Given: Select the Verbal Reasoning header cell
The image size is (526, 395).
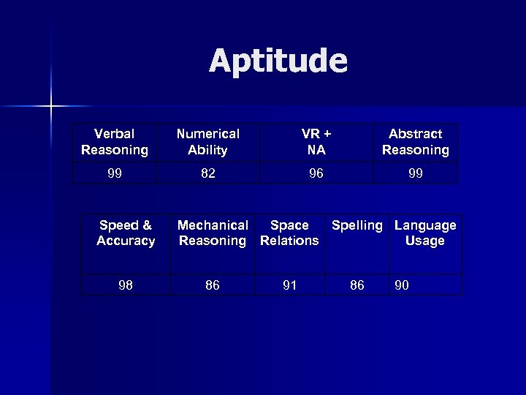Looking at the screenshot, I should pos(115,142).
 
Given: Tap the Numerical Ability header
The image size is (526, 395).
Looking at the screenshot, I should pos(208,142).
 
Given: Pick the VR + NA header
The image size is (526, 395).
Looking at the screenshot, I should pos(316,142).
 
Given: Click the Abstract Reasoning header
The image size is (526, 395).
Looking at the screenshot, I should pos(415,142).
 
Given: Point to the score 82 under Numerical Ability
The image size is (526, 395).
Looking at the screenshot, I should pos(208,175).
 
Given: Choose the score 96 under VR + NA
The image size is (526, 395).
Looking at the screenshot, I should pos(316,175).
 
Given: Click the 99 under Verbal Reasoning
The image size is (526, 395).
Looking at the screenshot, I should pos(114,175).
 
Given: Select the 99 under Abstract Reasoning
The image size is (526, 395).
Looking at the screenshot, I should pos(415,175).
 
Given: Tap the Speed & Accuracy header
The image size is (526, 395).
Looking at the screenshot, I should pos(126,233).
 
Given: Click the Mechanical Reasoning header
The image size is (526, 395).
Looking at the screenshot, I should pos(213,233).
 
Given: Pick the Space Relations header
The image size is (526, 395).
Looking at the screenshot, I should pos(289,233).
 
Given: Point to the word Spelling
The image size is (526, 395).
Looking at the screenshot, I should pos(357,225).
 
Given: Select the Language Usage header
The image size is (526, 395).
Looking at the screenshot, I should pos(425,233).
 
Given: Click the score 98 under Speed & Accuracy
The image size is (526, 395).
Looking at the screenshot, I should pos(126,285).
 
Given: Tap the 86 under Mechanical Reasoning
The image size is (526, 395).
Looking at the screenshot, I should pos(213,285).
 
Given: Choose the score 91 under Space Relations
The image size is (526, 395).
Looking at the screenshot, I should pos(289,285).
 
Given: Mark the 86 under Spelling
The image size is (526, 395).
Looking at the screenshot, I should pos(357,285).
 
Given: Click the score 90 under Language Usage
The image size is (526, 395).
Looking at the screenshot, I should pos(402,285).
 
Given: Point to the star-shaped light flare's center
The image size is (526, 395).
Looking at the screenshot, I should pos(51,107).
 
